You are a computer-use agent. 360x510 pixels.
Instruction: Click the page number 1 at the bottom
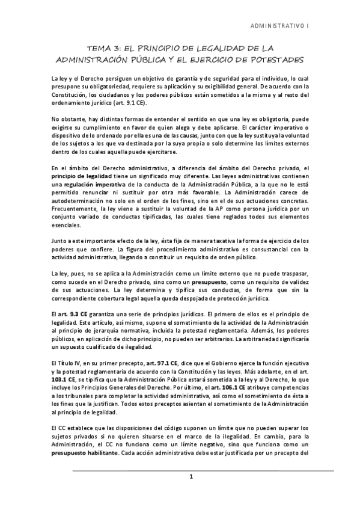pyautogui.click(x=191, y=478)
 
